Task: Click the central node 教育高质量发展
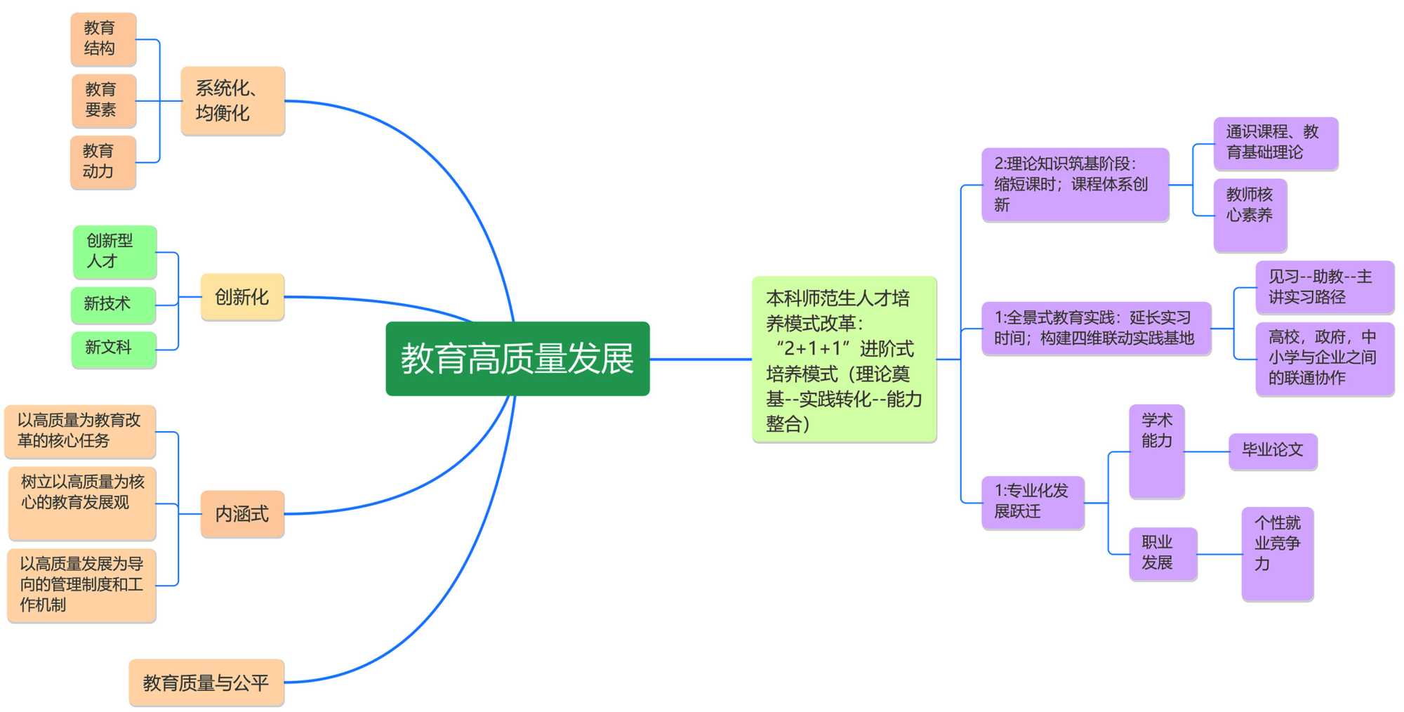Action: click(x=517, y=358)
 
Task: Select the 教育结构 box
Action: click(x=103, y=39)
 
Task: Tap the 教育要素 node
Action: click(x=103, y=100)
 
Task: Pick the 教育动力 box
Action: click(x=102, y=162)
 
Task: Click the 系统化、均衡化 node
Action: click(x=232, y=100)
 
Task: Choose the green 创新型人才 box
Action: click(x=114, y=251)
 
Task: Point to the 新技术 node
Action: click(x=113, y=304)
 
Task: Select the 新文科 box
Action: click(x=113, y=348)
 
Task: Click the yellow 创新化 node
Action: click(x=242, y=297)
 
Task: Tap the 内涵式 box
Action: click(x=242, y=514)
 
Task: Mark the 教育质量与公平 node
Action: click(x=206, y=683)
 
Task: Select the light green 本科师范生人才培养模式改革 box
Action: click(x=844, y=360)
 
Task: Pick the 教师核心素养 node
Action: click(x=1250, y=215)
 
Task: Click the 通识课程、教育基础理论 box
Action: click(x=1276, y=143)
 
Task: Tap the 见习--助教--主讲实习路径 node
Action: click(x=1324, y=287)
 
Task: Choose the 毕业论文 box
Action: click(x=1272, y=451)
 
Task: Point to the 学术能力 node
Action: click(x=1156, y=451)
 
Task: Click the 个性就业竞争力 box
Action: click(x=1277, y=553)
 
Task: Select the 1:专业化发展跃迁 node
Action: click(x=1033, y=502)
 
